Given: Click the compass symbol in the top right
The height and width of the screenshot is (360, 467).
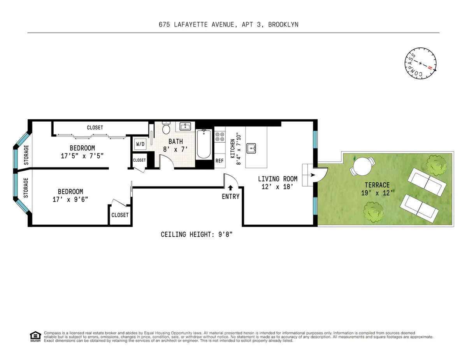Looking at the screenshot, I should coord(420,64).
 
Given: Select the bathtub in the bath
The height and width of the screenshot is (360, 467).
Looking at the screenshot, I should coord(204,144).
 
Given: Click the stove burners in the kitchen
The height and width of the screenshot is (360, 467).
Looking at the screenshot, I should coord(220,136).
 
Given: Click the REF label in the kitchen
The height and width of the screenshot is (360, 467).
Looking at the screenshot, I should coord(219,161).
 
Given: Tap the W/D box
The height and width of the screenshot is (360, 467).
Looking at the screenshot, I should coord(140,144).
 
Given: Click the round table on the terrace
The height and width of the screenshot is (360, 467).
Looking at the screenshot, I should coord(362,167).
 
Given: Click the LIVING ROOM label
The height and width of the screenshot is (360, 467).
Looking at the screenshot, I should coord(278,183).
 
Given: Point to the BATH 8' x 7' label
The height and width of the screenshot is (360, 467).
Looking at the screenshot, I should coord(176,145).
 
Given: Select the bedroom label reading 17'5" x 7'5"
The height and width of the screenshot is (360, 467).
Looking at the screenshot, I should coord(82,152).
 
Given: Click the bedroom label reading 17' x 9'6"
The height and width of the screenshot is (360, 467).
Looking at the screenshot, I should coord(70,195).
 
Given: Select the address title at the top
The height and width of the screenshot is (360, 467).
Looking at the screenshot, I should coord(228,24).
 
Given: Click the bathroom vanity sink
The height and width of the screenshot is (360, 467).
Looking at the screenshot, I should coord(184,126).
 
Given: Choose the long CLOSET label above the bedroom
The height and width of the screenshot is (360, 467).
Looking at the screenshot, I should coord(95,128).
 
